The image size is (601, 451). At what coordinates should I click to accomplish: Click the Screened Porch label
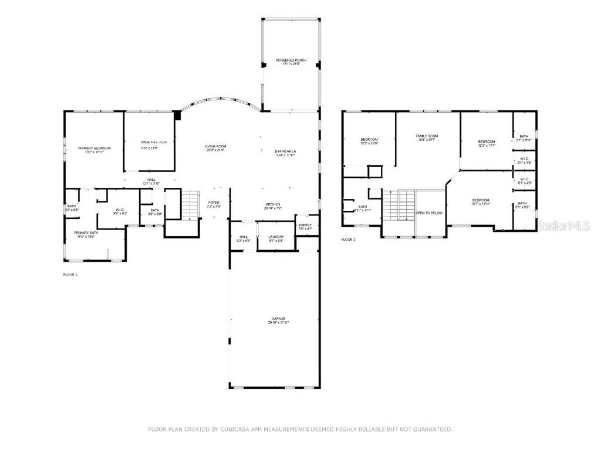(x=291, y=60)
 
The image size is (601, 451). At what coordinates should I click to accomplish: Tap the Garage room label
(x=278, y=319)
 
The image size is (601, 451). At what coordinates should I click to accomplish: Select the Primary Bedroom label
(x=94, y=148)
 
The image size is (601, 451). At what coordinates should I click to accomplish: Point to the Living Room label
(x=215, y=146)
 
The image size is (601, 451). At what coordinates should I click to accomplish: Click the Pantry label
(x=305, y=225)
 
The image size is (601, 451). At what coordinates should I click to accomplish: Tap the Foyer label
(x=213, y=203)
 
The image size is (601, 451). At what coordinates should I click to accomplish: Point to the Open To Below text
(x=429, y=213)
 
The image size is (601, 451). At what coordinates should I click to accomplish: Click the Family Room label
(x=427, y=136)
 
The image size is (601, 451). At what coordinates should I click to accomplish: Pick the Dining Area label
(x=285, y=152)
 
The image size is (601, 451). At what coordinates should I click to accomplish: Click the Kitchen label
(x=273, y=204)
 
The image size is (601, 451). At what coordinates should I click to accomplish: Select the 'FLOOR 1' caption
(x=70, y=274)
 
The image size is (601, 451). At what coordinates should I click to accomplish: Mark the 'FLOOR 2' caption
(x=348, y=240)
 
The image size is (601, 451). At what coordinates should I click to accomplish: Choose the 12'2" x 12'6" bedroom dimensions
(x=369, y=143)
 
